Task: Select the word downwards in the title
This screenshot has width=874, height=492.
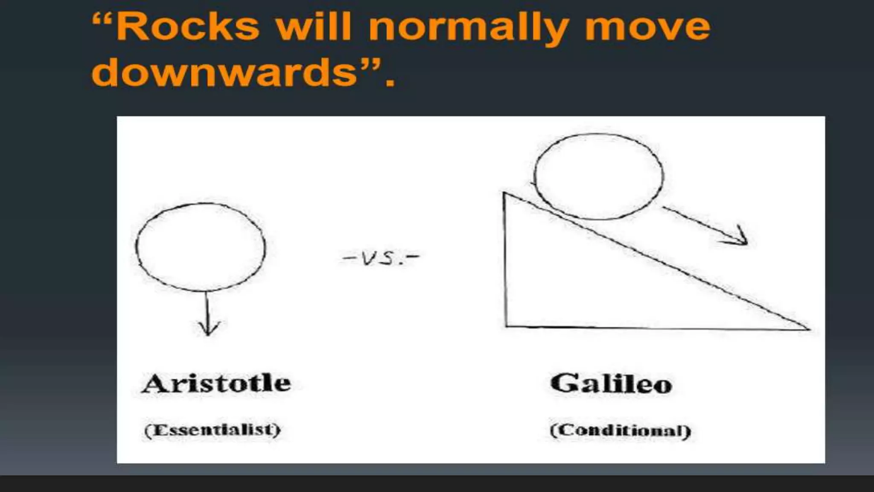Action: coord(224,73)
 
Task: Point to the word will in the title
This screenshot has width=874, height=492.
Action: coord(314,26)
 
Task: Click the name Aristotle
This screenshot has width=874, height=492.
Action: coord(217,383)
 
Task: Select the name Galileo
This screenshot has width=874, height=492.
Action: coord(611,383)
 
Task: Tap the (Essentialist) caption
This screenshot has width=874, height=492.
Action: coord(213,430)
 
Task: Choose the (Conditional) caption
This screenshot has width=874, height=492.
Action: coord(620,430)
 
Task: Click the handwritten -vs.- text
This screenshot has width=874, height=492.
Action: coord(381,258)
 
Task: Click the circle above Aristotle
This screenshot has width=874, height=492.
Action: coord(201,247)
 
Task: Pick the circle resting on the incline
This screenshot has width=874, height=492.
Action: coord(599,176)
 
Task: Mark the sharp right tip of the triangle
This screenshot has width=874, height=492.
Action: coord(808,329)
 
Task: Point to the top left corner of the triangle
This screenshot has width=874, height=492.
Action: coord(505,194)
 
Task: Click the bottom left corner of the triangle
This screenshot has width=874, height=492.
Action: coord(506,326)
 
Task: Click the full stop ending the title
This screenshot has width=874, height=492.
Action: coord(389,82)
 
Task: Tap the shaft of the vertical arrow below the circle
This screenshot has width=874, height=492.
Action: coord(207,310)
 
